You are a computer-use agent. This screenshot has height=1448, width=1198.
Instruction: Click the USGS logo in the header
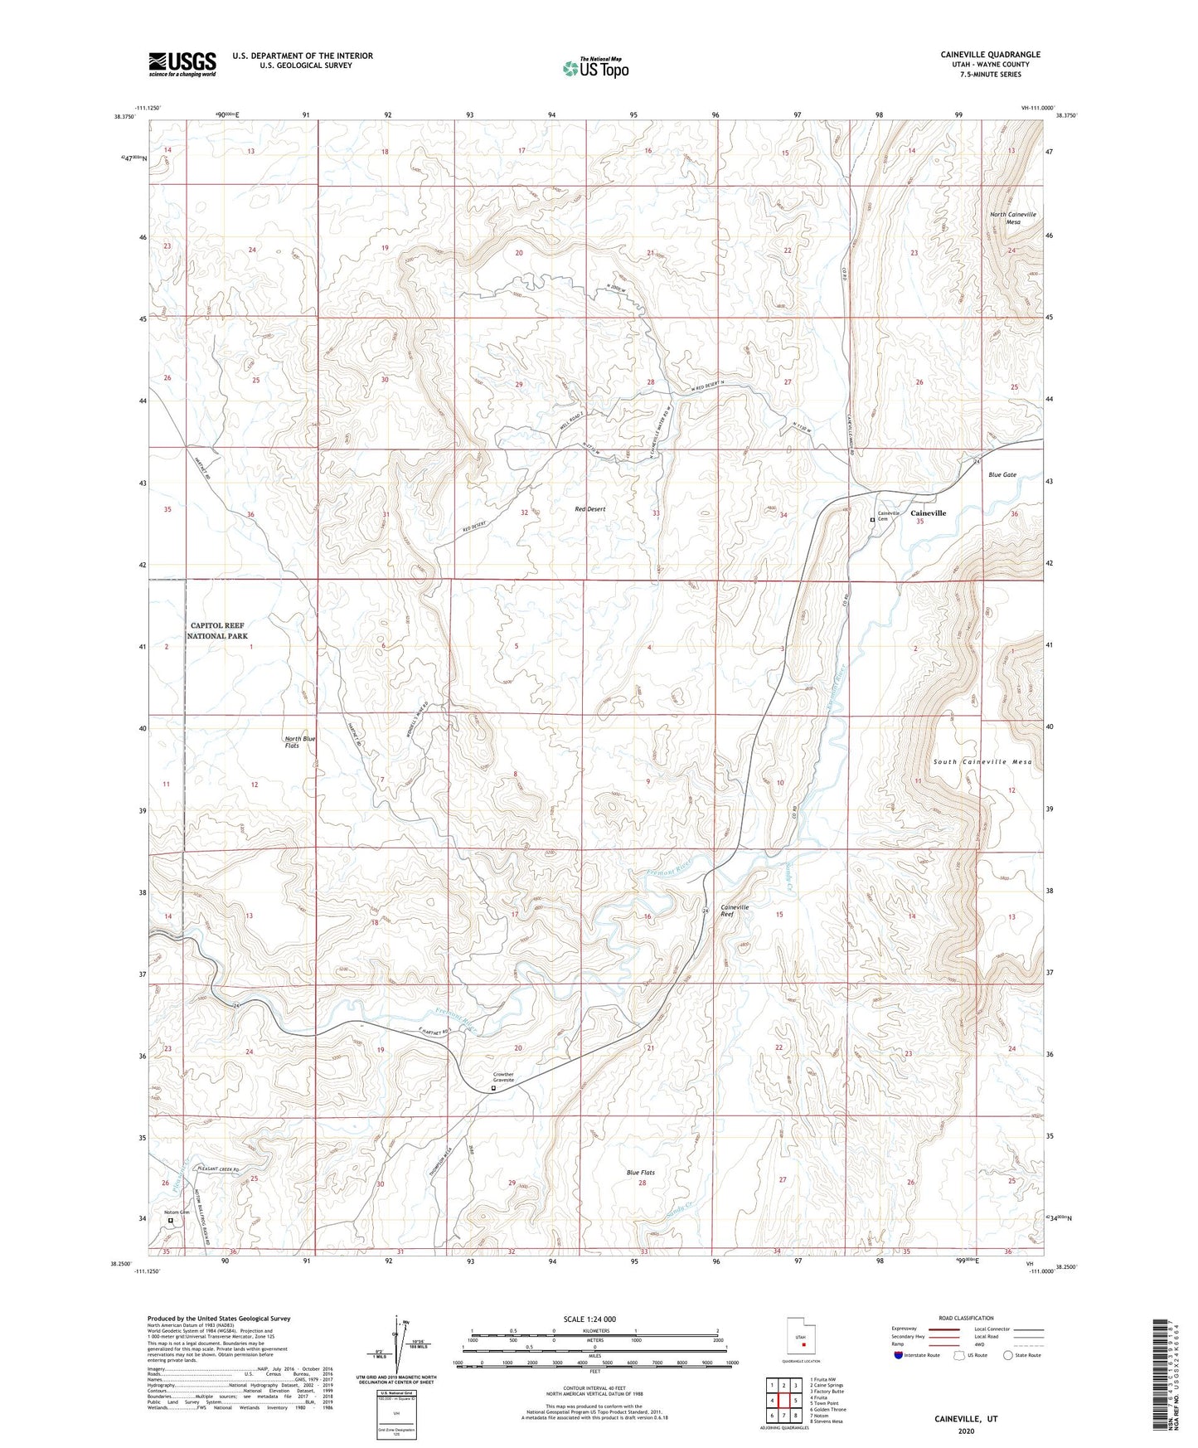point(182,64)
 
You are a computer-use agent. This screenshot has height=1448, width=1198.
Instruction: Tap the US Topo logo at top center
point(594,68)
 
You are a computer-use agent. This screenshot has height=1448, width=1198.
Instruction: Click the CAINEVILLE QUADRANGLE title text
point(990,55)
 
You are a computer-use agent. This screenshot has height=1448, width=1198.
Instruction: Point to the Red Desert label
point(589,508)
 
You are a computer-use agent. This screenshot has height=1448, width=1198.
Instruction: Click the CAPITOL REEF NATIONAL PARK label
point(217,630)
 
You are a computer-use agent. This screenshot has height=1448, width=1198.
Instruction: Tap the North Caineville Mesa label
point(1012,218)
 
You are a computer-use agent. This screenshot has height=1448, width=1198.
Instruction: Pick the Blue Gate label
point(1002,475)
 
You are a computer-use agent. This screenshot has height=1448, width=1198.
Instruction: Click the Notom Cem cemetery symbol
point(172,1220)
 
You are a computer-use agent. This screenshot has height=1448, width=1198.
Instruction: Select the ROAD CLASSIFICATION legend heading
point(967,1318)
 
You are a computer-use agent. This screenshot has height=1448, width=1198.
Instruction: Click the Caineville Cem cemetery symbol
point(872,521)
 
